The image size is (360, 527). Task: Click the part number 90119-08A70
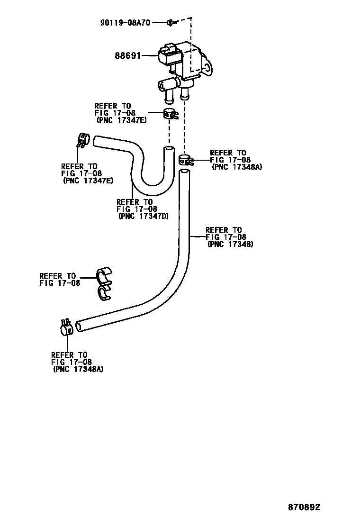coord(125,22)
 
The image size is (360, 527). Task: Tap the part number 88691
coord(127,55)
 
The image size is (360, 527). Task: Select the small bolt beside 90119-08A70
coord(171,22)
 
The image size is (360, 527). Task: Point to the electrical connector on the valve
coord(168,55)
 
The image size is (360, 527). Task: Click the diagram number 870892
coord(304,507)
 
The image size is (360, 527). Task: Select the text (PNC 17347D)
coord(144,217)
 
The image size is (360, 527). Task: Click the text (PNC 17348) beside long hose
coord(230,245)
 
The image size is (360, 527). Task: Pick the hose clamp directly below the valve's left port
coord(171,114)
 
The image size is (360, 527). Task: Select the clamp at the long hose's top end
coord(186,160)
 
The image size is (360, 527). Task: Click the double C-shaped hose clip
coord(104,284)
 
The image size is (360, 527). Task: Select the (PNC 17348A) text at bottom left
coord(78,370)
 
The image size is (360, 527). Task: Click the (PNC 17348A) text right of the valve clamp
coord(237,167)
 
